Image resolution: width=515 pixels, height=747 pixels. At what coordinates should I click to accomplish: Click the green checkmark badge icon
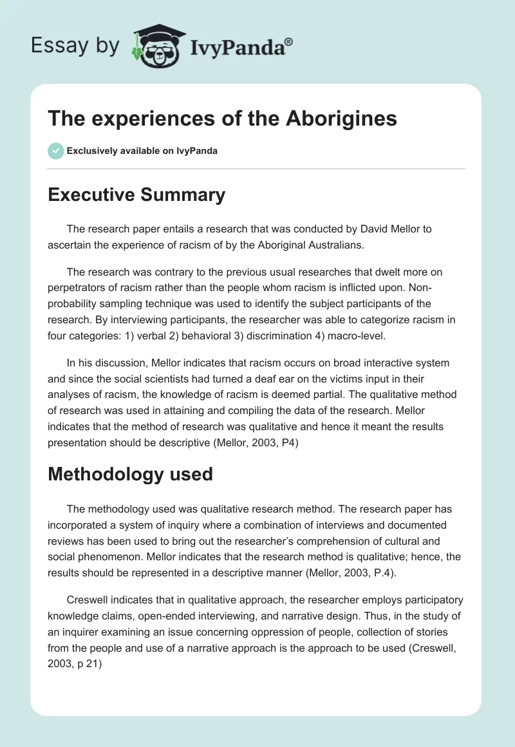55,151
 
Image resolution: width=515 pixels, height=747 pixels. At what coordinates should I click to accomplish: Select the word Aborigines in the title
342,118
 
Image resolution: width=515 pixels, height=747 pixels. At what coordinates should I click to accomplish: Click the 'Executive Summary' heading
136,194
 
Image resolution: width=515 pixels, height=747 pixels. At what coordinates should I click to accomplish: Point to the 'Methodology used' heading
130,474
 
